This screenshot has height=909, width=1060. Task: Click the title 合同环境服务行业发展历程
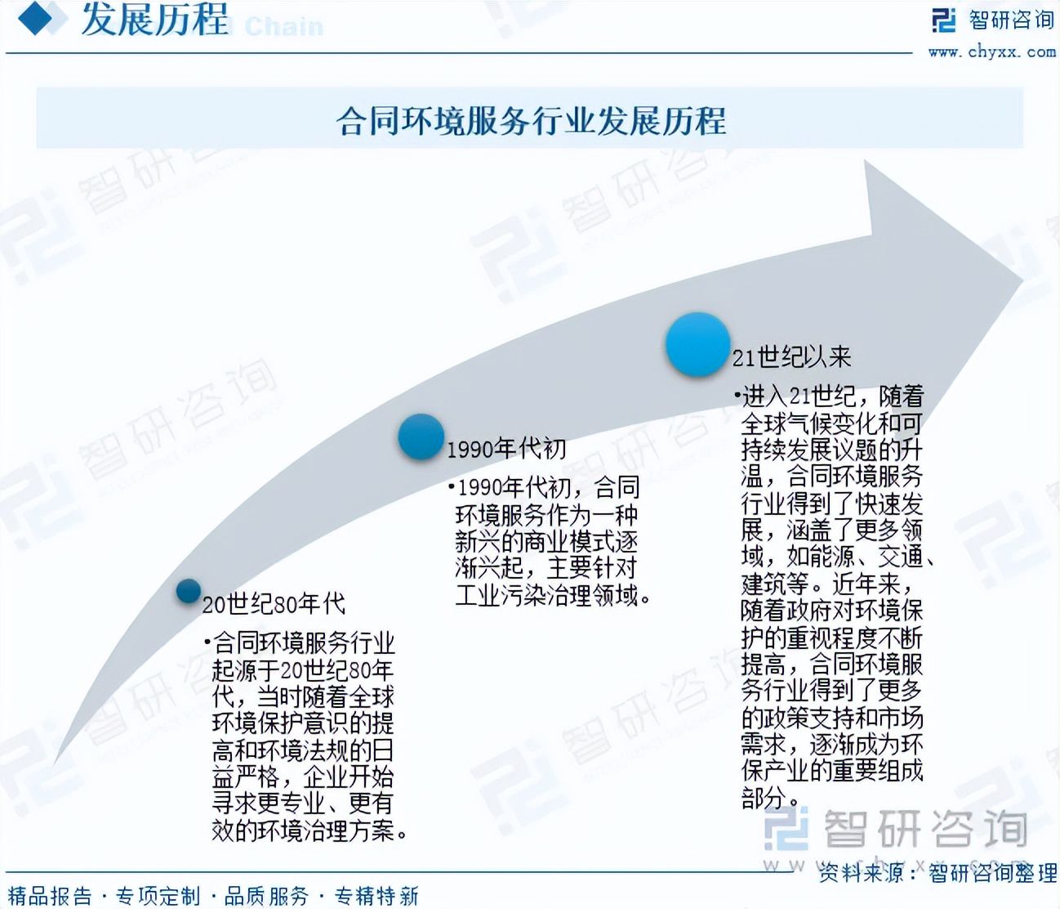point(531,121)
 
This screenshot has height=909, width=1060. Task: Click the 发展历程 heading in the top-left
point(154,20)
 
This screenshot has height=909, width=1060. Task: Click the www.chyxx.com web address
point(991,51)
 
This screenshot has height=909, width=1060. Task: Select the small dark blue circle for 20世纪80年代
point(189,590)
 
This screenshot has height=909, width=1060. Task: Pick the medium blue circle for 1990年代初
point(421,436)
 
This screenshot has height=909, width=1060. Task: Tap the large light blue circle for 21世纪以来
point(697,344)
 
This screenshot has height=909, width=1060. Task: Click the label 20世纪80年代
point(274,604)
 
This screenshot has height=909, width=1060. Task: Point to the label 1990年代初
point(506,448)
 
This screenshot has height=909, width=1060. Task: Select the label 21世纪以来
point(791,357)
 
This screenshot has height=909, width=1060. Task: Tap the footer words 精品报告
point(50,896)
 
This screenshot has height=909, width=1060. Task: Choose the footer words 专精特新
point(376,896)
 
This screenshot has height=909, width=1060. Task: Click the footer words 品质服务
point(267,896)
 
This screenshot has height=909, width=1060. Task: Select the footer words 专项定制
point(158,896)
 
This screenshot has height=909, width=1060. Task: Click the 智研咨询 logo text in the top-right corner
point(1011,20)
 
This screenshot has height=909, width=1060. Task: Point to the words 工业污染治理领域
point(546,595)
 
